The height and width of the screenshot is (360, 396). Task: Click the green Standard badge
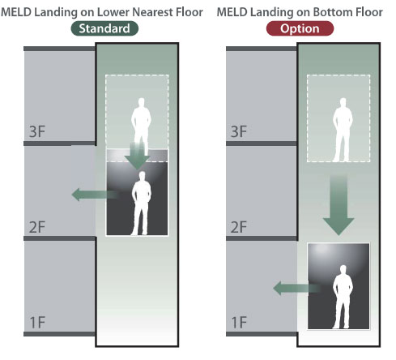pos(104,28)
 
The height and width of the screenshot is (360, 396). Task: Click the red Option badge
pos(300,28)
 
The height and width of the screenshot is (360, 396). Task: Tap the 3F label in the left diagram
pos(37,131)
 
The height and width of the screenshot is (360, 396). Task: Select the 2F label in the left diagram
pos(37,227)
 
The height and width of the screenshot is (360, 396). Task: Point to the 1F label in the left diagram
pos(37,322)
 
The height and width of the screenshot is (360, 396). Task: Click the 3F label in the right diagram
pos(239,131)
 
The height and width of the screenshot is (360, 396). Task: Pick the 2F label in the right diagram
pos(239,227)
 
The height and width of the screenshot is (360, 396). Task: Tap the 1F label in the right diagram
pos(239,322)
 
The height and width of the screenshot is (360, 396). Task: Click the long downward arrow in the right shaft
pos(339,205)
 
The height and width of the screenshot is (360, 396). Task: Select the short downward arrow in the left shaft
pos(138,156)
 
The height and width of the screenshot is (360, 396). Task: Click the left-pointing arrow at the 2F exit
pos(95,195)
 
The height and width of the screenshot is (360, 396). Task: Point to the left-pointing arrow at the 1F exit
pos(297,288)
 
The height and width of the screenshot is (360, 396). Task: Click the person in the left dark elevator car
pos(141,204)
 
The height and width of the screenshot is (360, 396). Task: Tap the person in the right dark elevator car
pos(343,297)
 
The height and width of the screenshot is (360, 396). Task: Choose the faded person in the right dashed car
pos(343,130)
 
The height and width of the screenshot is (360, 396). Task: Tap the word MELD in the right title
pos(232,12)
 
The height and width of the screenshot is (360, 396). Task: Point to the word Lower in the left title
pos(113,12)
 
